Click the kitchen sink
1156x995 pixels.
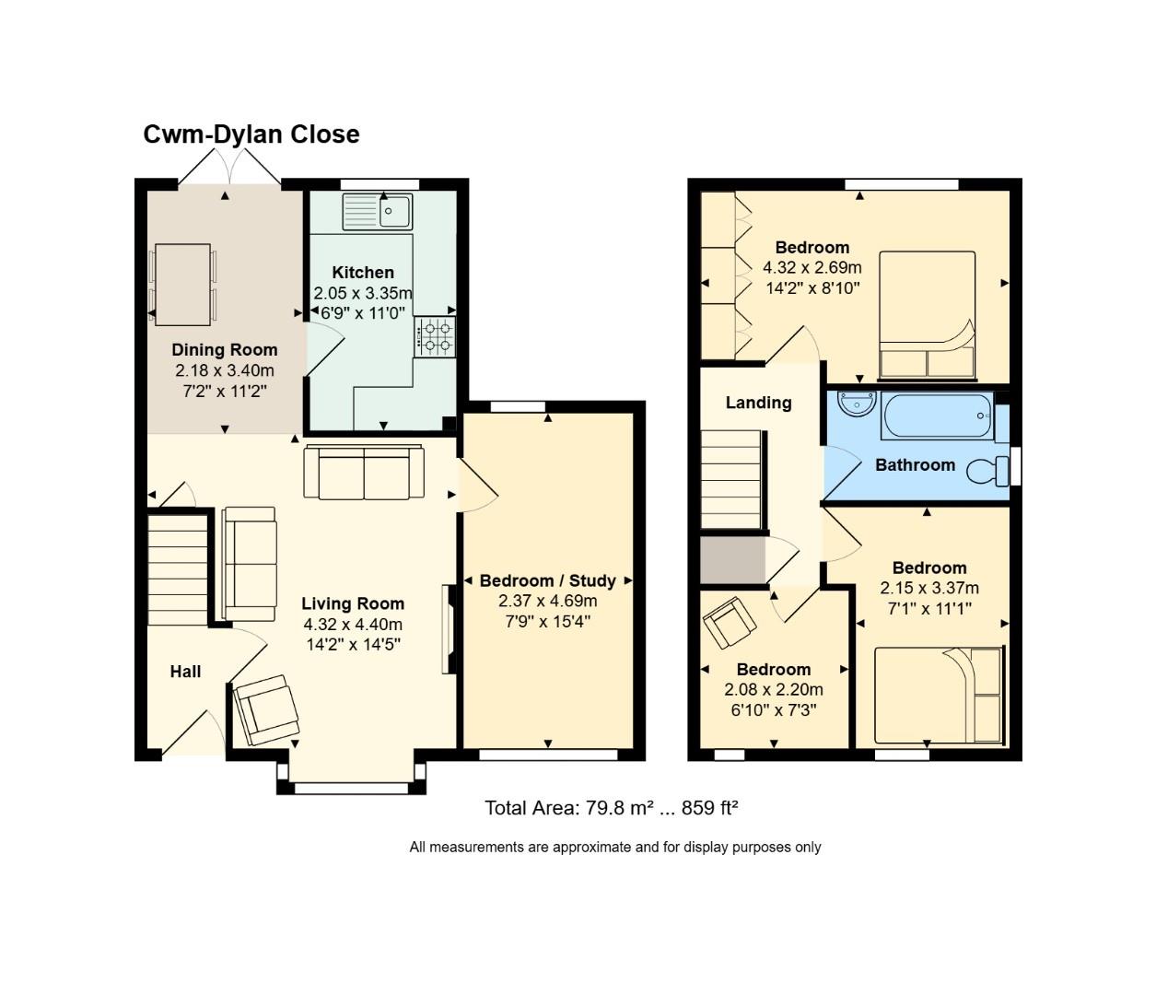378,212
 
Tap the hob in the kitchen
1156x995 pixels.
435,336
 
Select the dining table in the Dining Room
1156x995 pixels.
182,284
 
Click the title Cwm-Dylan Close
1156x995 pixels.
251,135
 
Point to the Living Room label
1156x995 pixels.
353,603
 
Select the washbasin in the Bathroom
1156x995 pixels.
857,404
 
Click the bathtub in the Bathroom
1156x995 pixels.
937,416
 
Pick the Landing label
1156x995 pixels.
758,403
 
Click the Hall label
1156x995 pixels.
185,672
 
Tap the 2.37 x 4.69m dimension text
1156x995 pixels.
548,601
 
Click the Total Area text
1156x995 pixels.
612,808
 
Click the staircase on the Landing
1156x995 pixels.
732,480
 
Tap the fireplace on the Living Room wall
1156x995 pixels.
449,629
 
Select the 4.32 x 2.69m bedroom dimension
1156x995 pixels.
812,267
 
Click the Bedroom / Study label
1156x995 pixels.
548,580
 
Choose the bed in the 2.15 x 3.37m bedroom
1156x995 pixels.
938,695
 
